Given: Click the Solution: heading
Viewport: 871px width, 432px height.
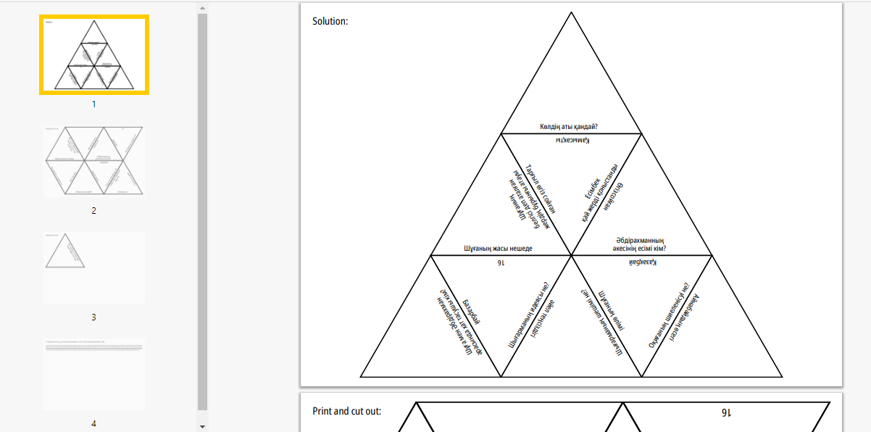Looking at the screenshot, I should [x=330, y=22].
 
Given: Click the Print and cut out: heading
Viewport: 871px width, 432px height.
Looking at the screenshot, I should [x=346, y=411].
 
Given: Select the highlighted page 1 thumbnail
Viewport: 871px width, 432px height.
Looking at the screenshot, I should [x=94, y=55].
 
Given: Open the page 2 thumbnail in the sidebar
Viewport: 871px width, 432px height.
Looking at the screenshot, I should [x=94, y=162].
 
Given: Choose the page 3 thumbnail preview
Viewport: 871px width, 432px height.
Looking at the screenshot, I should [x=94, y=267].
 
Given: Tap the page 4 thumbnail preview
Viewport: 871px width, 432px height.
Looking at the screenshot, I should [x=94, y=374].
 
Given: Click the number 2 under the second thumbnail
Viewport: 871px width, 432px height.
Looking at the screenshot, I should [x=93, y=211].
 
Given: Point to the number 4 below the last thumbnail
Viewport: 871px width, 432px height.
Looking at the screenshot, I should [x=93, y=424].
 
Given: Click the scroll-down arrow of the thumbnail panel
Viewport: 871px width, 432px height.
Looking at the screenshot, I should [x=202, y=426].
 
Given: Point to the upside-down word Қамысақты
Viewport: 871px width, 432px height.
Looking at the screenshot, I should [x=572, y=140].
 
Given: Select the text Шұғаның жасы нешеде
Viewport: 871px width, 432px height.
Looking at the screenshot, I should [x=498, y=249].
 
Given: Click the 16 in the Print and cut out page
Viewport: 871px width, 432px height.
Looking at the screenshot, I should [x=725, y=413].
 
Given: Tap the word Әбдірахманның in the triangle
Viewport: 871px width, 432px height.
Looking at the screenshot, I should [x=641, y=241].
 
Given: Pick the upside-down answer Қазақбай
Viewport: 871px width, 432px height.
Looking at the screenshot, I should [x=643, y=262].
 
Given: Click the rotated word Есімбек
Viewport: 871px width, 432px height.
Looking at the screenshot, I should [x=591, y=185].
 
